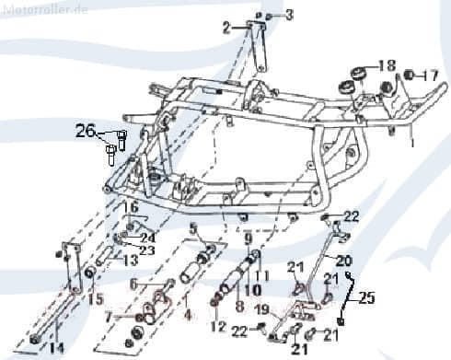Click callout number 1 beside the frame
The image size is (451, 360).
412,145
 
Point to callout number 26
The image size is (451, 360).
85,132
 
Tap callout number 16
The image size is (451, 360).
131,207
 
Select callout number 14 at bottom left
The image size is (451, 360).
57,348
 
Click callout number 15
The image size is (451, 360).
96,298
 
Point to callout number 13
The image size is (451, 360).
131,261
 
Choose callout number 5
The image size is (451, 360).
193,228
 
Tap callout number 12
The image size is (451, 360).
217,326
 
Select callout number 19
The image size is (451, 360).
260,308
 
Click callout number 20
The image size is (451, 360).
342,260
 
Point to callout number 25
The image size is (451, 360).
368,297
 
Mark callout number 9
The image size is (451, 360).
247,238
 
